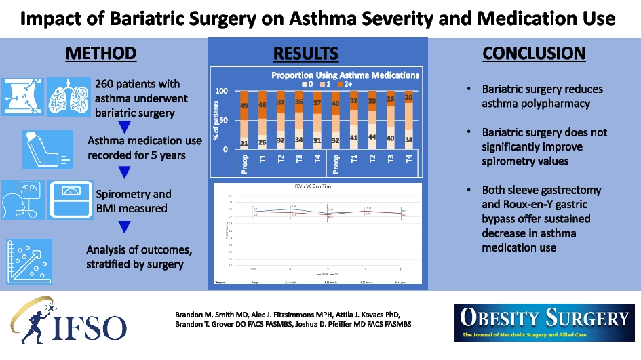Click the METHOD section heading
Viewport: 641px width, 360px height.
(102, 54)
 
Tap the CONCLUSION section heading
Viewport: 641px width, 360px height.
(534, 54)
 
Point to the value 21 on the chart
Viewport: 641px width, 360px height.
(244, 142)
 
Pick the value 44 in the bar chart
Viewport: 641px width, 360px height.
(372, 136)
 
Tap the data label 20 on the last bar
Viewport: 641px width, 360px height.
(408, 97)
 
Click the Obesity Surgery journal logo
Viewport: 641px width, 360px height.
(545, 321)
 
